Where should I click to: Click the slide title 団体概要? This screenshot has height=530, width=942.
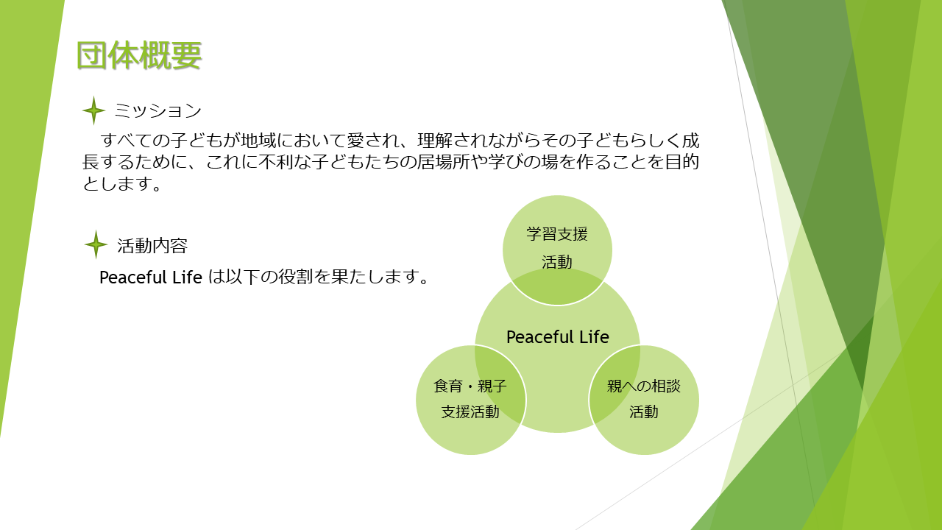point(139,55)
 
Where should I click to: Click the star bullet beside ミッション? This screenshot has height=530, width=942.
point(93,110)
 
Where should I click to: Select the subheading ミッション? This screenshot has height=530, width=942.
point(157,110)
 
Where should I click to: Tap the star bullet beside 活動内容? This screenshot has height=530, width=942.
point(96,244)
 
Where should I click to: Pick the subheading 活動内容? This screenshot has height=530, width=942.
point(152,246)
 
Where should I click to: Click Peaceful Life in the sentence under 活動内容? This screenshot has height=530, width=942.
point(151,278)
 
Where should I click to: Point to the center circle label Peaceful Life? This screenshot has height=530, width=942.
point(557,337)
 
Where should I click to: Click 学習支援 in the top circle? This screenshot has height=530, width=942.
point(557,234)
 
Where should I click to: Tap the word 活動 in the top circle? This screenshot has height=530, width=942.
point(557,262)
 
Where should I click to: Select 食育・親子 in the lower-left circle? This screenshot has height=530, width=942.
point(470,386)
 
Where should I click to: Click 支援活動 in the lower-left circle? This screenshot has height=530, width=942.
point(470,411)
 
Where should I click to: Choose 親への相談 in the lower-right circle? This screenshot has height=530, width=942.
point(643,386)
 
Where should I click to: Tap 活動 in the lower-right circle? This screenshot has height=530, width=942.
point(643,411)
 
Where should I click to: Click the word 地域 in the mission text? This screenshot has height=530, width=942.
point(258,141)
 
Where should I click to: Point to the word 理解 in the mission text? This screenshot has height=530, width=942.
point(435,141)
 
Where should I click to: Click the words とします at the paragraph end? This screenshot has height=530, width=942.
point(117,183)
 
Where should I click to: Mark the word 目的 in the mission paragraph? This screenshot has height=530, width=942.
point(681,162)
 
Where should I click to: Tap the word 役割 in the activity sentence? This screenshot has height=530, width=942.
point(295,278)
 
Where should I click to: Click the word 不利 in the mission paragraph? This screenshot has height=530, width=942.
point(276,162)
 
